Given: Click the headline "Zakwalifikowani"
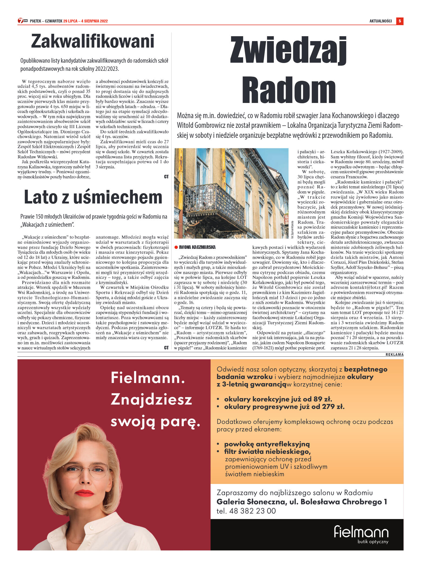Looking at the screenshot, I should pyautogui.click(x=93, y=41).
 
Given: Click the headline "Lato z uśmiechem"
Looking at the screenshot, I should pyautogui.click(x=93, y=197).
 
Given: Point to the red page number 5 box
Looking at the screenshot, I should pyautogui.click(x=400, y=21).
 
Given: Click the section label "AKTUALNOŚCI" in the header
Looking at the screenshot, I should pyautogui.click(x=380, y=21).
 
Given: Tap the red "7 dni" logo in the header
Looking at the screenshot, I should pyautogui.click(x=22, y=21).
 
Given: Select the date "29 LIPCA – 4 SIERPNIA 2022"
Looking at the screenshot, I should pyautogui.click(x=85, y=21).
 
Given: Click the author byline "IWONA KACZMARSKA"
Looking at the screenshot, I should pyautogui.click(x=197, y=247).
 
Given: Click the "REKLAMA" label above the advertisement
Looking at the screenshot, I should pyautogui.click(x=394, y=355).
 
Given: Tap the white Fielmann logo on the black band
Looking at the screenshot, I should pyautogui.click(x=361, y=532).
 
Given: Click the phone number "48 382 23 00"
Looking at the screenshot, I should pyautogui.click(x=252, y=511).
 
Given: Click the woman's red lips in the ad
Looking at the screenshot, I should pyautogui.click(x=85, y=493).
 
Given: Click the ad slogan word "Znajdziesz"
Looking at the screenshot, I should pyautogui.click(x=151, y=399).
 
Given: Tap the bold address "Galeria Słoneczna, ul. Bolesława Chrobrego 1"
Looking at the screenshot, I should pyautogui.click(x=302, y=502).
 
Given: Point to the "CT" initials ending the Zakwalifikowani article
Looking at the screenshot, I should pyautogui.click(x=166, y=177).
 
